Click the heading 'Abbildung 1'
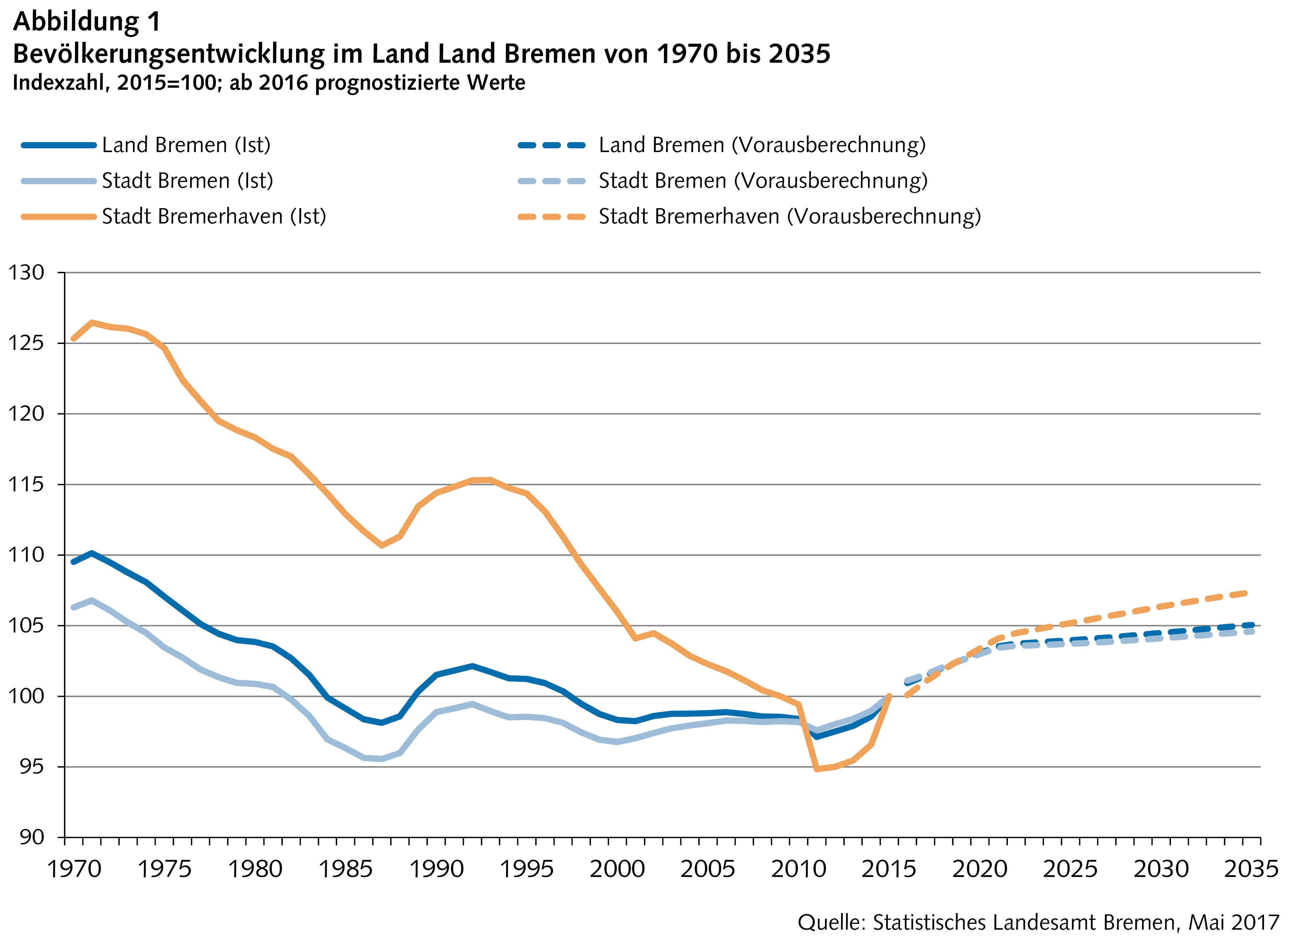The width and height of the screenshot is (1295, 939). click(x=87, y=22)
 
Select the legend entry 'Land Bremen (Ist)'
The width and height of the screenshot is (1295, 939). click(x=185, y=145)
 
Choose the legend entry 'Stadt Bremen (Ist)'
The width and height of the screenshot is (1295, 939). click(x=187, y=180)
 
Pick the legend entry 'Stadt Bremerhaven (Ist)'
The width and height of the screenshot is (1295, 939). click(x=213, y=216)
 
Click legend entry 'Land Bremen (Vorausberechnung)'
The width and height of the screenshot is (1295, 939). click(x=762, y=145)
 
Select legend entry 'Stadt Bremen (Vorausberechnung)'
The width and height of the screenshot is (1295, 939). click(x=763, y=180)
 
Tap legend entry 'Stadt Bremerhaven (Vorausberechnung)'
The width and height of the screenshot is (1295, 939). click(x=789, y=216)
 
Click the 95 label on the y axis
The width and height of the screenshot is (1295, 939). click(x=31, y=767)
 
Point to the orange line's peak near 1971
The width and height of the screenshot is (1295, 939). click(x=92, y=322)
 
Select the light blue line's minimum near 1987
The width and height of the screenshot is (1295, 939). click(x=382, y=759)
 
